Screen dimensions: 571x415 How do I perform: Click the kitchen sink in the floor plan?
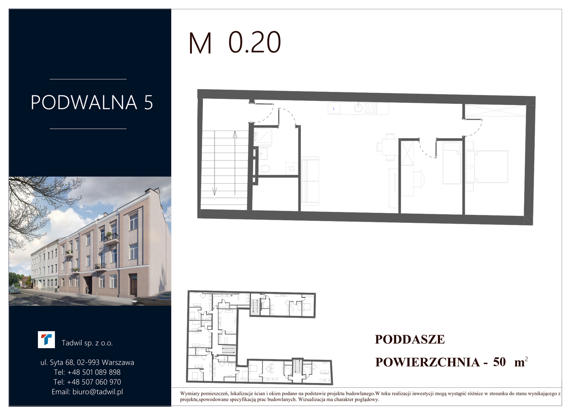click(x=358, y=108)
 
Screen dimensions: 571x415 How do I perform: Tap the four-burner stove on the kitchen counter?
click(x=370, y=108)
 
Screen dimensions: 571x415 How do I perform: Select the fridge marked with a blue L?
click(x=334, y=108)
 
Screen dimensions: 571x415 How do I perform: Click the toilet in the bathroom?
click(x=265, y=168)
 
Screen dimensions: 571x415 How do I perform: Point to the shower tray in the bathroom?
click(x=263, y=137)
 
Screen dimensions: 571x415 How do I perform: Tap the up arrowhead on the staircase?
click(x=235, y=134)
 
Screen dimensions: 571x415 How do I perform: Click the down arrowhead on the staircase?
click(x=215, y=191)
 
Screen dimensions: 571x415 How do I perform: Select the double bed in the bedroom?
click(x=487, y=167)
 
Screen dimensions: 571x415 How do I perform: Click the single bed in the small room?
click(x=452, y=163)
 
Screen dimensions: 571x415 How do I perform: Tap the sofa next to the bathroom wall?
click(x=310, y=181)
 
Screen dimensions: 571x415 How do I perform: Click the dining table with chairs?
click(x=388, y=147)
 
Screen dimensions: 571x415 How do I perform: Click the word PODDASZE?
click(x=410, y=339)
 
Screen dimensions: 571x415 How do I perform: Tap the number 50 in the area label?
click(x=499, y=362)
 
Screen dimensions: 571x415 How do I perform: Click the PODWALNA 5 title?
click(x=92, y=103)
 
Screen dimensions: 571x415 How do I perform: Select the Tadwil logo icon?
click(x=46, y=340)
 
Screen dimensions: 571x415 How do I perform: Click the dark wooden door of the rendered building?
click(x=133, y=284)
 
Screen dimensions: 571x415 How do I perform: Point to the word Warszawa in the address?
click(x=118, y=362)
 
